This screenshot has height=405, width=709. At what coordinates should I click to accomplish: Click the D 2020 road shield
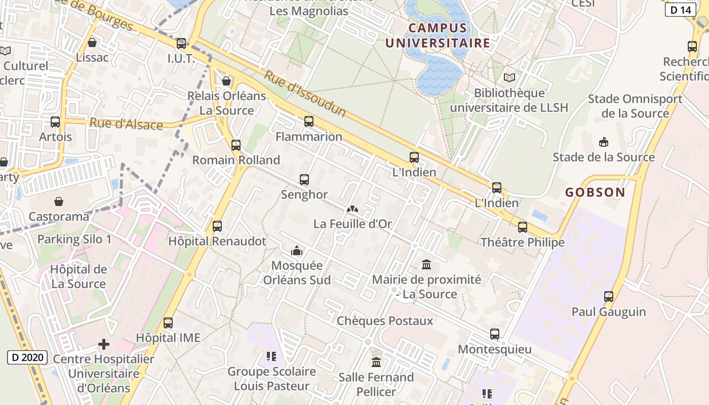coord(27,357)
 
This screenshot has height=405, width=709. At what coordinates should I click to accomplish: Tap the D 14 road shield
coord(680,10)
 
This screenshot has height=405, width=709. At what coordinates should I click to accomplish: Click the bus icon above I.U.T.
coord(181,44)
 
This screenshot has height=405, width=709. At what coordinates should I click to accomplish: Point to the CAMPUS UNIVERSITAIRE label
coord(438,35)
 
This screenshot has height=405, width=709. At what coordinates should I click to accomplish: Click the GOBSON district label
coord(595,192)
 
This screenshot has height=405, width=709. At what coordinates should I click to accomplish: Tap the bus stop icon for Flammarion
coord(309,121)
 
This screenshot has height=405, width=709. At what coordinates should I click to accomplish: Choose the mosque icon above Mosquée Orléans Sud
coord(297,251)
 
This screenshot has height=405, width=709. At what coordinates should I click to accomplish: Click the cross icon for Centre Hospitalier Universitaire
coord(104,345)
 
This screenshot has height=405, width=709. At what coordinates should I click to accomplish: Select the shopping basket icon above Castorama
coord(59,201)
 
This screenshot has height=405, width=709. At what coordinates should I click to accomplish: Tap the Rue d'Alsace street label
coord(126,124)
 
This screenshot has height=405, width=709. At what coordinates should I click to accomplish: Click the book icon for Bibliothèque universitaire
coord(509,78)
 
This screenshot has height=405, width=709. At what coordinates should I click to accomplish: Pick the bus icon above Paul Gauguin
coord(609,297)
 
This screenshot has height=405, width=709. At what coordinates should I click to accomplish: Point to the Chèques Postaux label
coord(385,321)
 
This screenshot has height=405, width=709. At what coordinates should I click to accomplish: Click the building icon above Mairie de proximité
coord(426,264)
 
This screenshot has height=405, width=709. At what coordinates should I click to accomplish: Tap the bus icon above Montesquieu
coord(495,334)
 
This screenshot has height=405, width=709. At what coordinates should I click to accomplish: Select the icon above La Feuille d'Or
coord(352,209)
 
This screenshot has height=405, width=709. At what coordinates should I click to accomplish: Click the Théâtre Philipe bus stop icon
coord(523,227)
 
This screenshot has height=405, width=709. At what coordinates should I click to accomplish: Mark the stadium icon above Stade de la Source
coord(603,142)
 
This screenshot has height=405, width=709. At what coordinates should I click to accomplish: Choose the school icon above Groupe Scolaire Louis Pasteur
coord(271,356)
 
